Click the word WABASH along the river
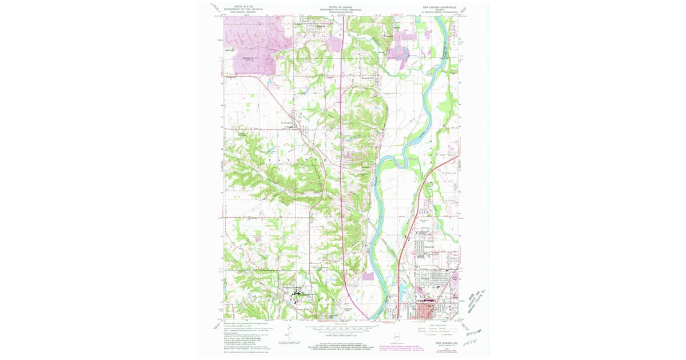coord(375,189)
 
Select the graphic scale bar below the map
coord(341,329)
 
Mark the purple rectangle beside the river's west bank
coord(368,277)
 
